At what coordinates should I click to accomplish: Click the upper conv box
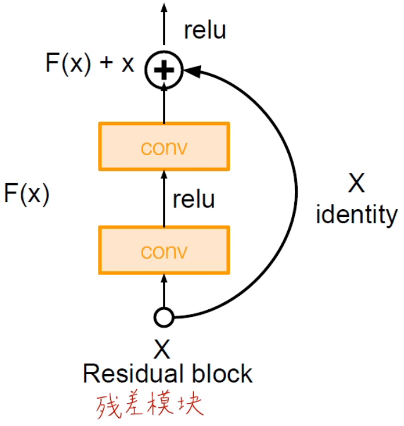click(164, 147)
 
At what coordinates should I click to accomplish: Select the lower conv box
click(164, 252)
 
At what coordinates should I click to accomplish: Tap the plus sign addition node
click(164, 71)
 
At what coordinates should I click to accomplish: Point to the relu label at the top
click(205, 31)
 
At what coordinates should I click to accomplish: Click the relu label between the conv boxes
click(193, 200)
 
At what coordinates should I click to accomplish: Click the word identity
click(357, 216)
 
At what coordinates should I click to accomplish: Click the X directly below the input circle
click(162, 349)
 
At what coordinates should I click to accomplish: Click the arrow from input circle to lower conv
click(164, 292)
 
